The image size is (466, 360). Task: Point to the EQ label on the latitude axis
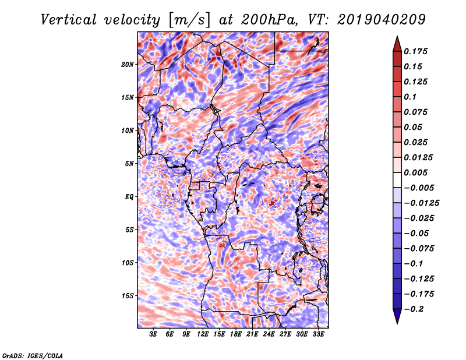pyautogui.click(x=130, y=196)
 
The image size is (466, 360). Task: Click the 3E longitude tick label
pyautogui.click(x=154, y=334)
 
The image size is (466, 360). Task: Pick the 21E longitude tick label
pyautogui.click(x=252, y=334)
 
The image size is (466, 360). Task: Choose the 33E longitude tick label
pyautogui.click(x=318, y=334)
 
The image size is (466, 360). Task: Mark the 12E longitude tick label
pyautogui.click(x=203, y=334)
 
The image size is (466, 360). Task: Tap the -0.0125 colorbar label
pyautogui.click(x=423, y=203)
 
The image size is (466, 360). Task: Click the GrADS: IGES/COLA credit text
pyautogui.click(x=32, y=355)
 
